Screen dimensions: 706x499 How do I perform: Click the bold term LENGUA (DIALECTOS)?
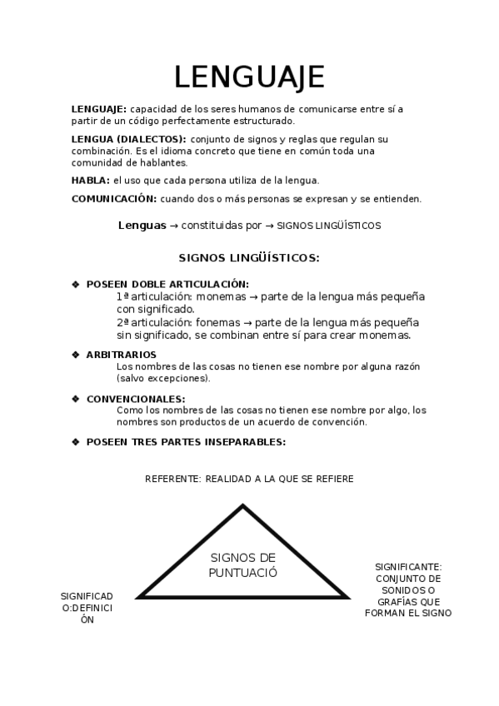tap(128, 139)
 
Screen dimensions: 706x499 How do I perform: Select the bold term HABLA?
tap(90, 180)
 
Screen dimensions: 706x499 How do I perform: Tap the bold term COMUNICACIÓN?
tap(114, 199)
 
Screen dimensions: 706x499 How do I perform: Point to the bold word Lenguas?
tap(142, 225)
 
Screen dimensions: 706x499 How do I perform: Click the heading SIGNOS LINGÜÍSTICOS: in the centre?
tap(249, 258)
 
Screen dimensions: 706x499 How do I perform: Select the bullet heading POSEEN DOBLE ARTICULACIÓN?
tap(167, 284)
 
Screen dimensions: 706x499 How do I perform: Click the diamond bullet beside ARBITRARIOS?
tap(76, 355)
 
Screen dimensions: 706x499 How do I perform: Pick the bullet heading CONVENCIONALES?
tap(136, 399)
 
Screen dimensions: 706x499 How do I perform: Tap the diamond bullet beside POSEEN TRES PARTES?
tap(76, 441)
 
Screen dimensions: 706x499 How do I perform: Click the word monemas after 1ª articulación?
tap(220, 296)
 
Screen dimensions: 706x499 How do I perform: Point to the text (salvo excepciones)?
tap(163, 378)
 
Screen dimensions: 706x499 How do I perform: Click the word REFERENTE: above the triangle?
tap(172, 479)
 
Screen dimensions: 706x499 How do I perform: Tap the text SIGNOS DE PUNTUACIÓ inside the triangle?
tap(243, 565)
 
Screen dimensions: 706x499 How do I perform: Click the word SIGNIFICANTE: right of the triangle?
tap(408, 566)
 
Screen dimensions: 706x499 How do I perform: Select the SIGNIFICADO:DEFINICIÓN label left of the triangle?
tap(87, 608)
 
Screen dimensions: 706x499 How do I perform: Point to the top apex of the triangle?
tap(242, 505)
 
